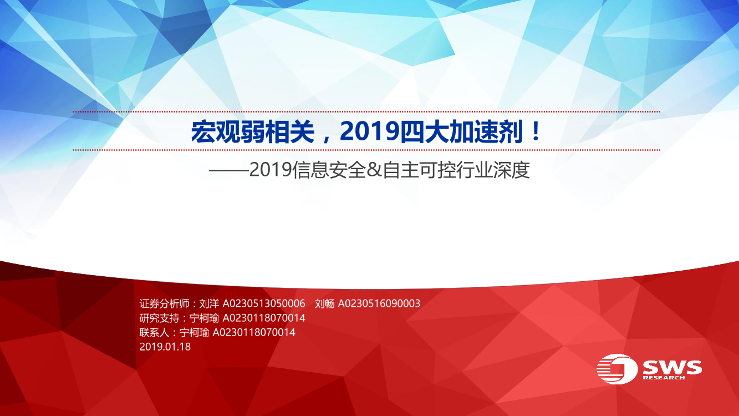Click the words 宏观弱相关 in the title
click(x=253, y=132)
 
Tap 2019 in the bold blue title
click(x=369, y=132)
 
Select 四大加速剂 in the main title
click(x=462, y=132)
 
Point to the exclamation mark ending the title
click(x=536, y=131)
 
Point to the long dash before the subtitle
click(x=229, y=171)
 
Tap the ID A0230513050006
click(x=264, y=303)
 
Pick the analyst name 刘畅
click(x=325, y=303)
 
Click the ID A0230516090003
click(x=379, y=303)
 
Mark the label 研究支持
click(x=159, y=318)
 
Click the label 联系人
click(x=155, y=332)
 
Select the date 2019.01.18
click(x=165, y=347)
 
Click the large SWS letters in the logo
click(x=672, y=367)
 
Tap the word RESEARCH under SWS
click(x=664, y=378)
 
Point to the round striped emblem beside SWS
click(x=617, y=369)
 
